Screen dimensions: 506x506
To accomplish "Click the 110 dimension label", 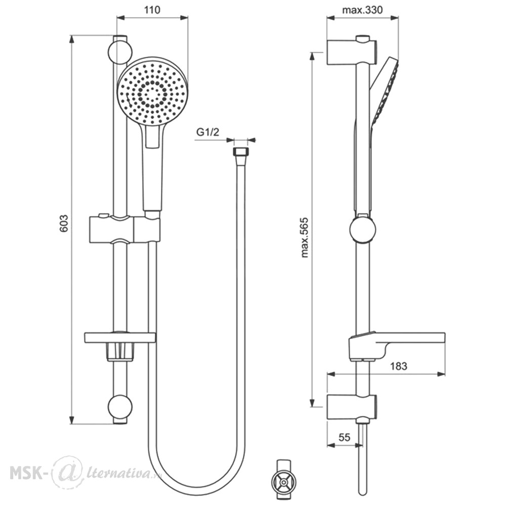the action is pos(152,10).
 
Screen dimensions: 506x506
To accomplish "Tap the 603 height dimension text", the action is pos(64,223).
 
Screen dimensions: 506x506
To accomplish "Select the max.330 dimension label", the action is pos(362,10).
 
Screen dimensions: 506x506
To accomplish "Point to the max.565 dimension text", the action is pos(304,237).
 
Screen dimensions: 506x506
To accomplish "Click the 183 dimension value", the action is pos(399,366).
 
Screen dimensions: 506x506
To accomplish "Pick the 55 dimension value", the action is pos(344,437).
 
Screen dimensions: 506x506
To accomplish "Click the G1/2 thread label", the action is pos(208,132).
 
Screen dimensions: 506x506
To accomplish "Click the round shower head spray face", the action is pos(151,92).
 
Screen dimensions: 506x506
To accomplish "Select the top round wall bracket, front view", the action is pos(120,52).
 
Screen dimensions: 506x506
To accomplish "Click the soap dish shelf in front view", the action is pos(120,338).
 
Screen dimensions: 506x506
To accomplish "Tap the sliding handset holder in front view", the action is pos(124,229).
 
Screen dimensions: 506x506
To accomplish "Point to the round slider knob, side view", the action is pos(363,230).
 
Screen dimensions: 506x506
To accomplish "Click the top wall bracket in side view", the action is pos(352,52).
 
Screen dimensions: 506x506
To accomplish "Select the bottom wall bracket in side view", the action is pos(352,407).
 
